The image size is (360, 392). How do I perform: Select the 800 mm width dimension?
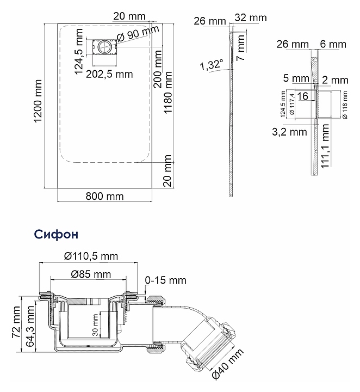pyautogui.click(x=104, y=196)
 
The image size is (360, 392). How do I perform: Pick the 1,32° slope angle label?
pyautogui.click(x=212, y=66)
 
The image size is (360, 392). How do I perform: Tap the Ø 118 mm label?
pyautogui.click(x=344, y=105)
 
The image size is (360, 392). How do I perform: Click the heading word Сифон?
pyautogui.click(x=56, y=234)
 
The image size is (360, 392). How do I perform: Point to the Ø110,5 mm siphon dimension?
pyautogui.click(x=91, y=256)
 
